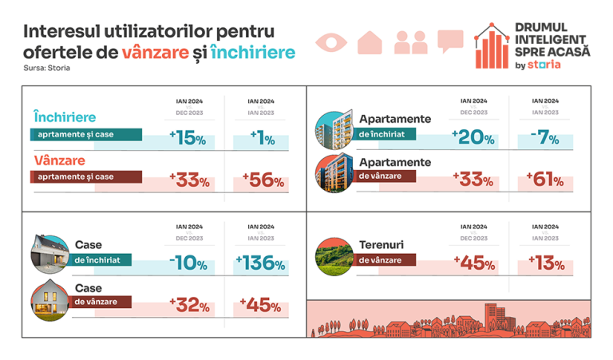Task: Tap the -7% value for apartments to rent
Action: [x=548, y=136]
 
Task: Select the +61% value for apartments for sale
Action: [x=548, y=180]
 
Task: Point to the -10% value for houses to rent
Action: [x=188, y=264]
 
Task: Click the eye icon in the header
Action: [x=332, y=42]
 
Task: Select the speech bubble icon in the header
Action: [x=450, y=41]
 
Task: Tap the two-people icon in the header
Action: [x=410, y=42]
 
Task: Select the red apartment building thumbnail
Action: [x=335, y=172]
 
